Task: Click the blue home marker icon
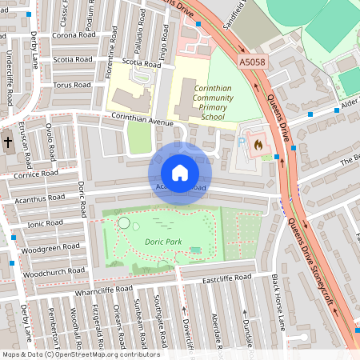[x=180, y=173]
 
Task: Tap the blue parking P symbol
[x=242, y=142]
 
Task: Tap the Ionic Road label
[x=45, y=223]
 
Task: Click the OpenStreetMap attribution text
[x=80, y=354]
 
